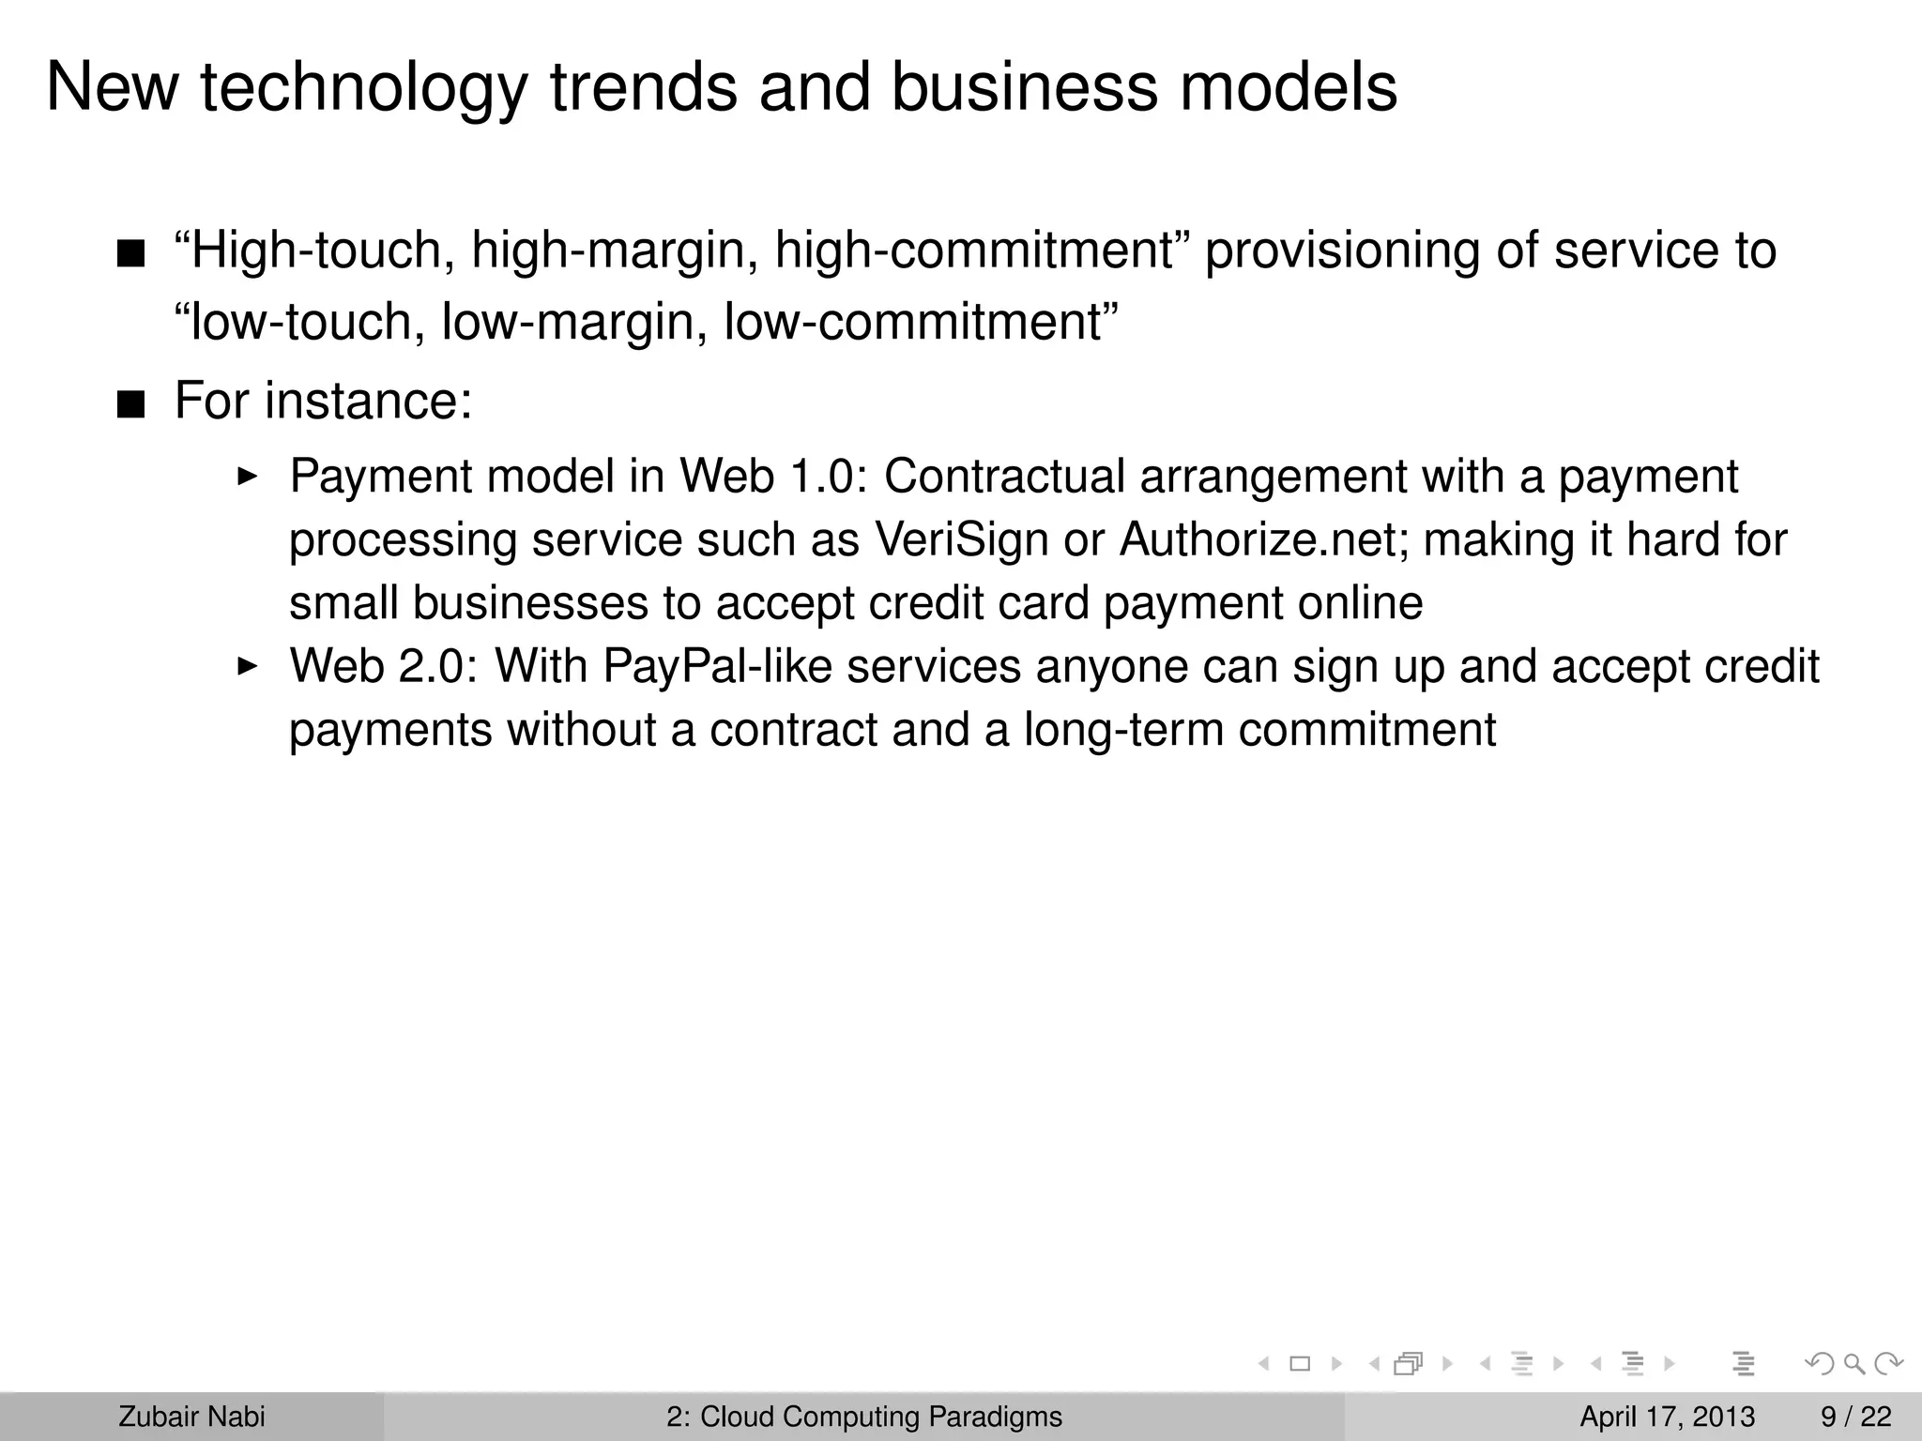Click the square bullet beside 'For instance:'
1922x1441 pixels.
click(131, 405)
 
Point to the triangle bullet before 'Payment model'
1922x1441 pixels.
click(247, 477)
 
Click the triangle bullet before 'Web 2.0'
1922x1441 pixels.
click(247, 667)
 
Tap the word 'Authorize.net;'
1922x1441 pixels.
click(1264, 540)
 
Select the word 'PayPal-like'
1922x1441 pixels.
click(717, 667)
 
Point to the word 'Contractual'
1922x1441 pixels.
click(1004, 477)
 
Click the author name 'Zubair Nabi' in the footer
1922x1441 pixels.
click(191, 1417)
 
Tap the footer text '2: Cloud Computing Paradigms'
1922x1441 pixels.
click(864, 1417)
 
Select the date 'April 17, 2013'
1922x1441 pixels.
click(1668, 1417)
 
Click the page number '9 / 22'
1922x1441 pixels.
click(1856, 1417)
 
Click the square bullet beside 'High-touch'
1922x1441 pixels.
click(131, 254)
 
